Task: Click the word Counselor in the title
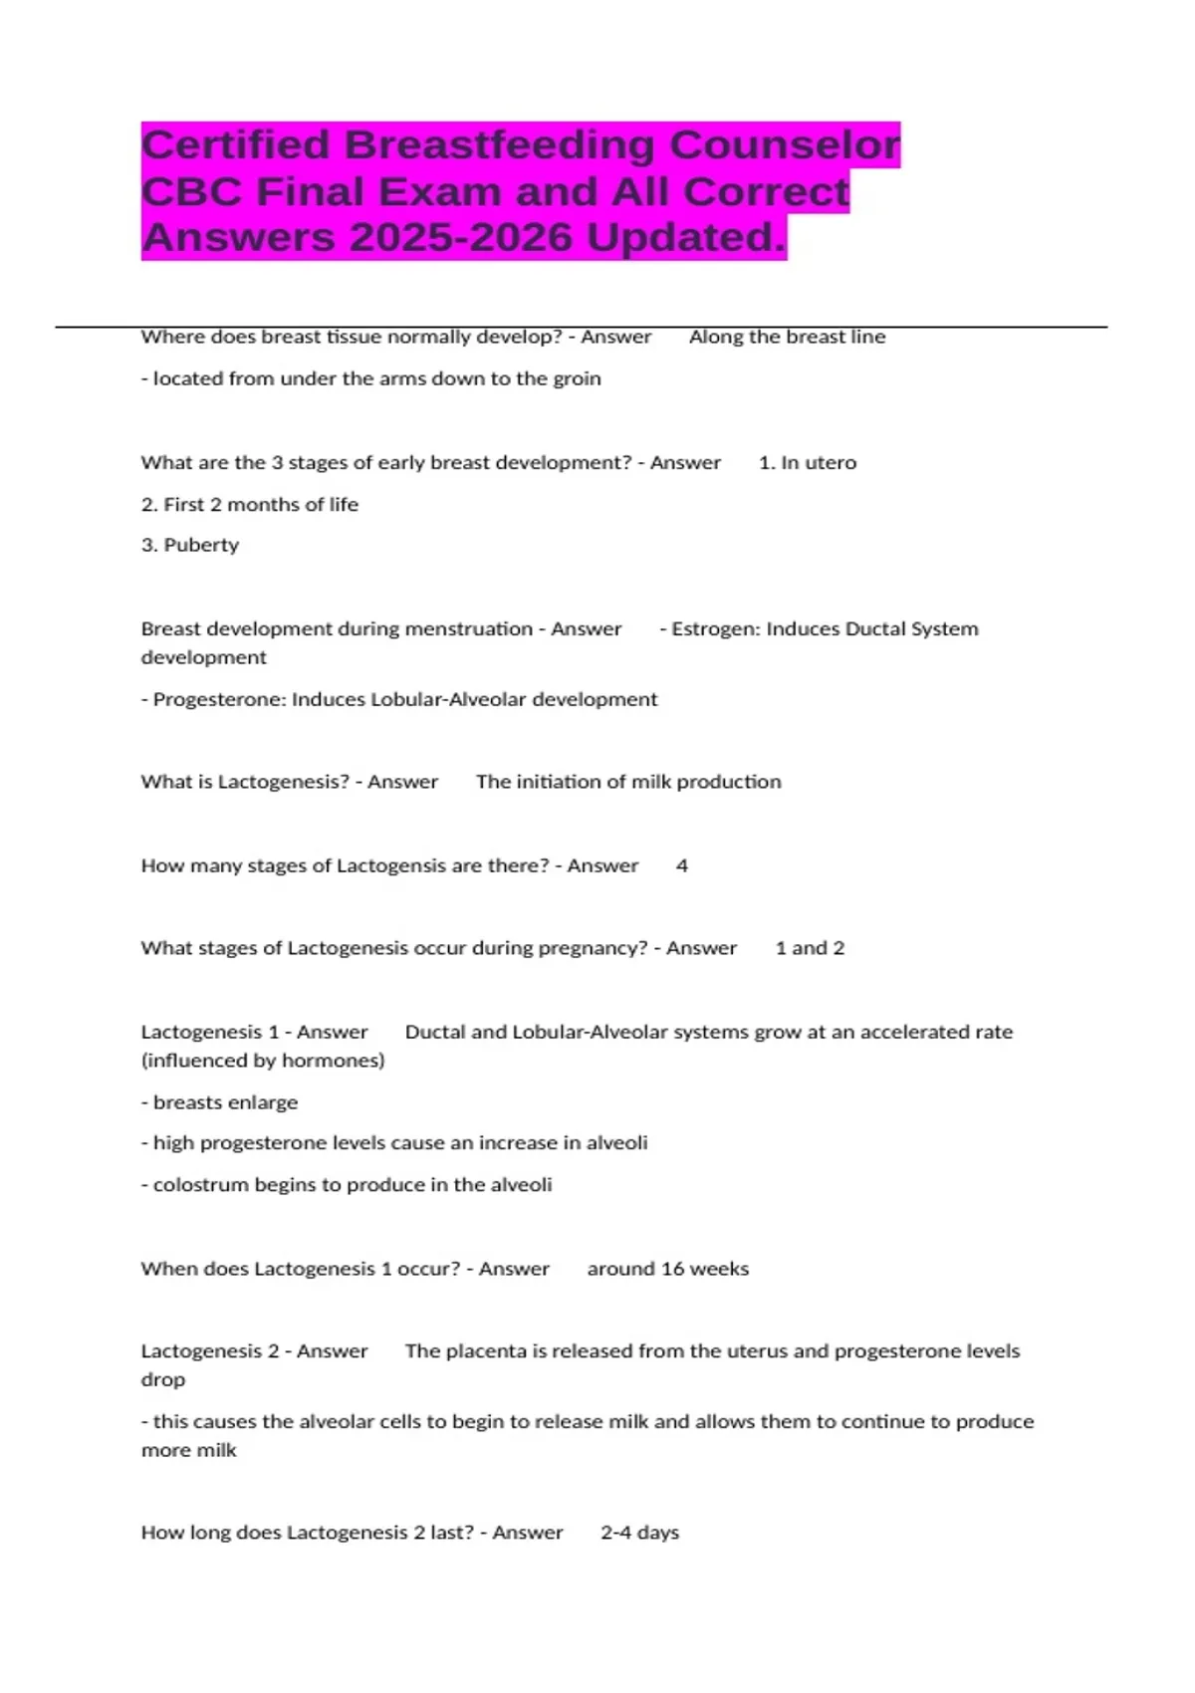(784, 145)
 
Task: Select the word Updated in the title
(686, 238)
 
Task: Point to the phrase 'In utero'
(819, 462)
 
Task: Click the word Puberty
(201, 545)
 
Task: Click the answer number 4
(682, 865)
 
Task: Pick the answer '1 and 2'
(810, 948)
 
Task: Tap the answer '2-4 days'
(639, 1533)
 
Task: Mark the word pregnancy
(592, 948)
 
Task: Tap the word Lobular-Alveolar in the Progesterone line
(448, 699)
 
